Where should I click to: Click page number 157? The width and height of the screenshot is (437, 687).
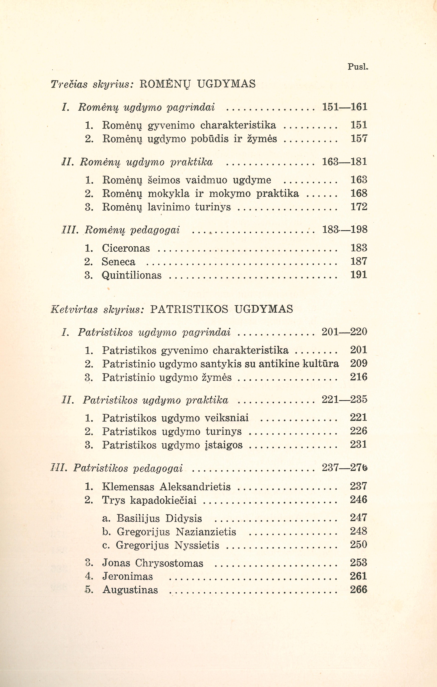coord(359,139)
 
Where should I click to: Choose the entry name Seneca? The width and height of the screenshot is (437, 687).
coord(118,262)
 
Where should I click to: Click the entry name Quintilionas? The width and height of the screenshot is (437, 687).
coord(132,275)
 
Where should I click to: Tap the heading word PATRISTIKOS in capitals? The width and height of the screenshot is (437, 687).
coord(189,309)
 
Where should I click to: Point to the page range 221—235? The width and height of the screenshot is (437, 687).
coord(344,399)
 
